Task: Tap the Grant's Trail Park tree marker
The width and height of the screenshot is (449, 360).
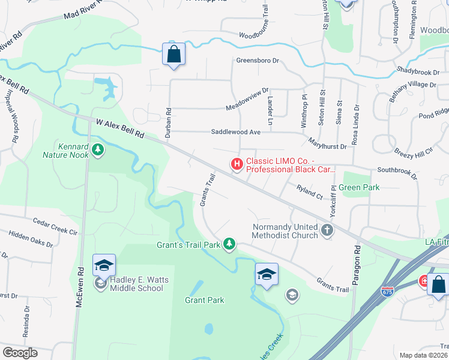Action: click(229, 243)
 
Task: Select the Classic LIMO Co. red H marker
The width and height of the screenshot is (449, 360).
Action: click(237, 163)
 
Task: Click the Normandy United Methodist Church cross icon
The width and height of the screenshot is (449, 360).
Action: click(327, 230)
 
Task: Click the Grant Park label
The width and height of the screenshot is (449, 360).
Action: click(204, 300)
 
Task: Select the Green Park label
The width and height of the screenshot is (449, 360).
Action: click(359, 187)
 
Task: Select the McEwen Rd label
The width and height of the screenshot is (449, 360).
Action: click(79, 305)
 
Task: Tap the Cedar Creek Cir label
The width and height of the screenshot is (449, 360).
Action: click(55, 226)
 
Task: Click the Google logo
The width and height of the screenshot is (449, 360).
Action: click(20, 353)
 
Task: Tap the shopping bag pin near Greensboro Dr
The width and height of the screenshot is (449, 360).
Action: click(173, 55)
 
